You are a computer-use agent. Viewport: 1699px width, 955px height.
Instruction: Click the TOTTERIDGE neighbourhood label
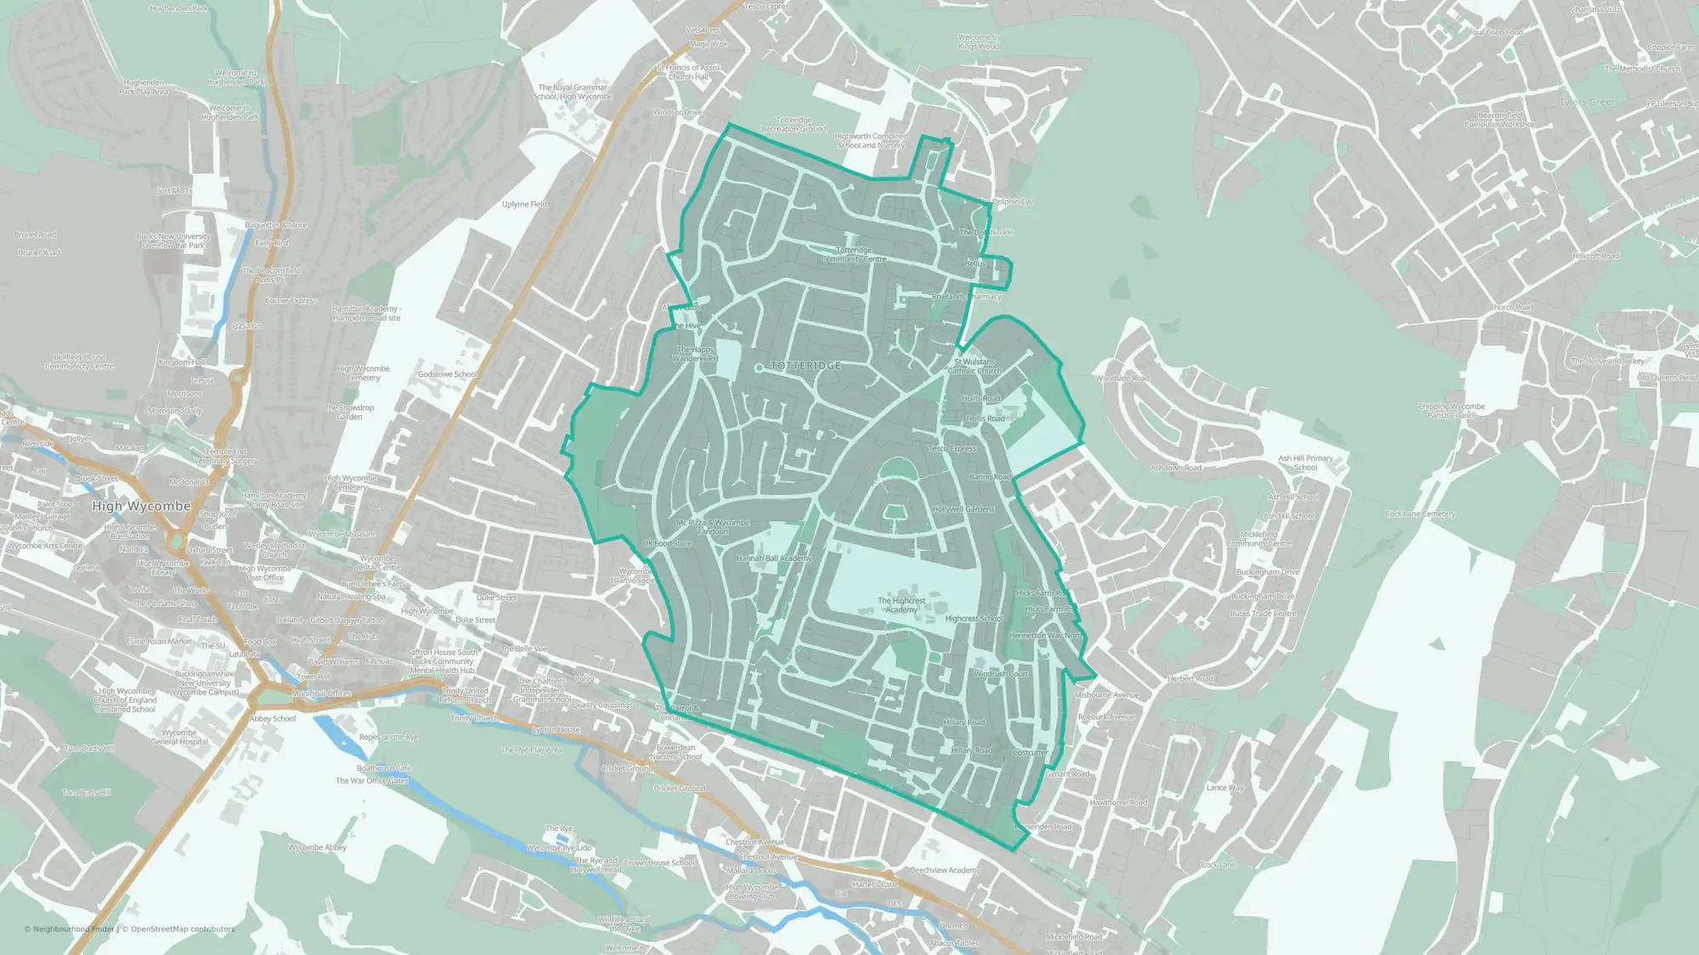[805, 366]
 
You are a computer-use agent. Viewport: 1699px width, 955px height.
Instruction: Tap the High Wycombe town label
[141, 506]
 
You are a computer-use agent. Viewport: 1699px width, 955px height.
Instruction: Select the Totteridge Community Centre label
[854, 255]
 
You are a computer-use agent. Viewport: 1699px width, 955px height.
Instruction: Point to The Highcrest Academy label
[901, 605]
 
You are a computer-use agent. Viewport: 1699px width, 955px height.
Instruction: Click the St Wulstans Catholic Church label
[974, 366]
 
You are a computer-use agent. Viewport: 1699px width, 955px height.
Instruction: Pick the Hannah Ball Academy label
[774, 559]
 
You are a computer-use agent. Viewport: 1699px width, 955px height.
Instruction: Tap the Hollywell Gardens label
[962, 509]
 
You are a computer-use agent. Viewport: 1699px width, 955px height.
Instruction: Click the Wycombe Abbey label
[317, 847]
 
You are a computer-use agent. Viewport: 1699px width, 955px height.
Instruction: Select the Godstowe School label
[448, 374]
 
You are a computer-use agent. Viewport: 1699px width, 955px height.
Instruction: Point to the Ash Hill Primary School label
[1306, 463]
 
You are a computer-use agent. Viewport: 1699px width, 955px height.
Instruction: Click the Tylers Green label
[1588, 103]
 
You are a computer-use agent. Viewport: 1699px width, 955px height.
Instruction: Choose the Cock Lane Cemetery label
[1420, 514]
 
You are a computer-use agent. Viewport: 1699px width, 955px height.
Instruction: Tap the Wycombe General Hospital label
[179, 737]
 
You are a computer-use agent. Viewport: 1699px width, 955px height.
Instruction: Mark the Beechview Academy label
[945, 870]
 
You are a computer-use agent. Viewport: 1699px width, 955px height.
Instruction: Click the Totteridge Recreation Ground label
[793, 125]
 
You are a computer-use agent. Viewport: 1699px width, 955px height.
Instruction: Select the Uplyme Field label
[524, 205]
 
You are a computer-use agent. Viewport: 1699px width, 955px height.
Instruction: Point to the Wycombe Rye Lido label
[559, 848]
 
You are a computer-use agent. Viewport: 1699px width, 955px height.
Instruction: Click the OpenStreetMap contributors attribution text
[178, 929]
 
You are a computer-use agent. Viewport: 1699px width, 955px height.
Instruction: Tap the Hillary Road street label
[972, 750]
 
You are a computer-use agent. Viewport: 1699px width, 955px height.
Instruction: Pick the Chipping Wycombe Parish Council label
[1451, 411]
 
